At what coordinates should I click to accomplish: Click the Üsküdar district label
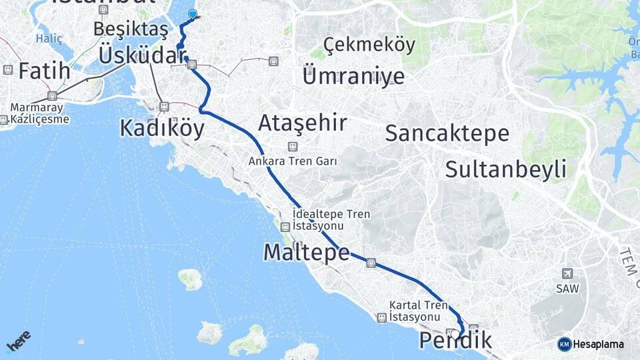point(141,55)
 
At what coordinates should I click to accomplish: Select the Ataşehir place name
point(302,123)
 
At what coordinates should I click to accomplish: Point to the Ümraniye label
point(353,75)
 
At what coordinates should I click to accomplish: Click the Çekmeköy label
point(369,45)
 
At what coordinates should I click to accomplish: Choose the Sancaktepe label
point(447,133)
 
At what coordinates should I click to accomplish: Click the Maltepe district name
point(306,252)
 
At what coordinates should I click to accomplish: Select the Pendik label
point(455,341)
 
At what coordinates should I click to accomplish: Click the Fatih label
point(44,71)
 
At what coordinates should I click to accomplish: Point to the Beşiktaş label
point(131,29)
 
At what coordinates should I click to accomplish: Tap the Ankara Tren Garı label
point(293,161)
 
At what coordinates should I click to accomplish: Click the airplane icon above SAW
point(567,273)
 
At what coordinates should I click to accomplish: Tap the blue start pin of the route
point(193,14)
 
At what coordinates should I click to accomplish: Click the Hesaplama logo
point(591,344)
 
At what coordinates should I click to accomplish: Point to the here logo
point(18,341)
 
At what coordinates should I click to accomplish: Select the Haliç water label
point(49,39)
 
